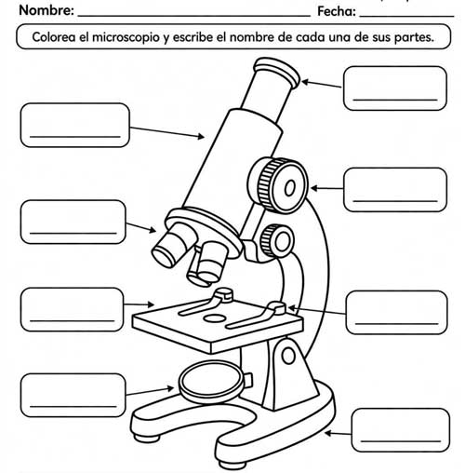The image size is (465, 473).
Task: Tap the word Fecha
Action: point(336,11)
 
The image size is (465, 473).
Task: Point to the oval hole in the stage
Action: point(214,319)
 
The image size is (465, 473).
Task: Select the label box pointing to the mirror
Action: point(73,394)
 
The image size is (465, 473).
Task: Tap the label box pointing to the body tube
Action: point(73,125)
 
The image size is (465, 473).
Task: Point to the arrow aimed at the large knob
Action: point(326,189)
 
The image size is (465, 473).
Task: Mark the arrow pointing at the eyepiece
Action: point(322,85)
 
